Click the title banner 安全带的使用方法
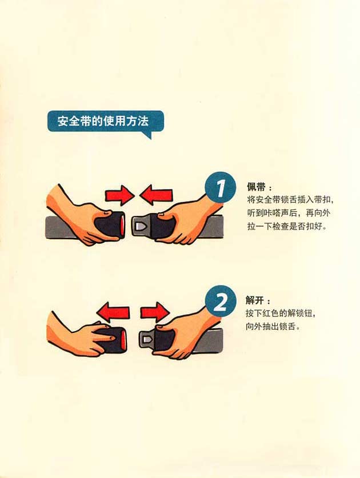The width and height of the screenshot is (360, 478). [x=105, y=121]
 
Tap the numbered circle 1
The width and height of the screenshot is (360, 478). [x=220, y=187]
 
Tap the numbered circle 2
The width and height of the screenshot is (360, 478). [x=220, y=300]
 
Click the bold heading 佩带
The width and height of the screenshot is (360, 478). [x=255, y=187]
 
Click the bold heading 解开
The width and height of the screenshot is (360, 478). [x=254, y=300]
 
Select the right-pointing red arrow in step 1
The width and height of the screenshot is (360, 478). [x=119, y=195]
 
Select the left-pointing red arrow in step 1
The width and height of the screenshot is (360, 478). [x=156, y=195]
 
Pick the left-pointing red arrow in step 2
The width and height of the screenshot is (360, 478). [x=113, y=312]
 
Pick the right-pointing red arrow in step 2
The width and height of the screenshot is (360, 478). [x=155, y=312]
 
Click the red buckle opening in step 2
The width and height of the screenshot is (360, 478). [x=123, y=339]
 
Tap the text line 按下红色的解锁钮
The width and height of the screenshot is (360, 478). [x=280, y=313]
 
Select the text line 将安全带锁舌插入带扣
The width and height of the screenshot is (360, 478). [x=290, y=200]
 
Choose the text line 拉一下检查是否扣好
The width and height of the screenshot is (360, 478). [x=287, y=227]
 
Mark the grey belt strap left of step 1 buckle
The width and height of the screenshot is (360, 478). [x=59, y=228]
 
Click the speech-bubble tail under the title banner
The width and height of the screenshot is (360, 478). [x=147, y=134]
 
